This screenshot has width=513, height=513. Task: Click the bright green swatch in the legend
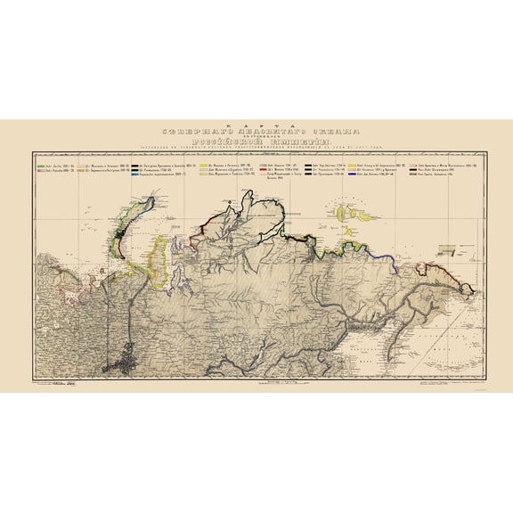40,165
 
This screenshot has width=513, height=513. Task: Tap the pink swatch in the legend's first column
40,171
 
